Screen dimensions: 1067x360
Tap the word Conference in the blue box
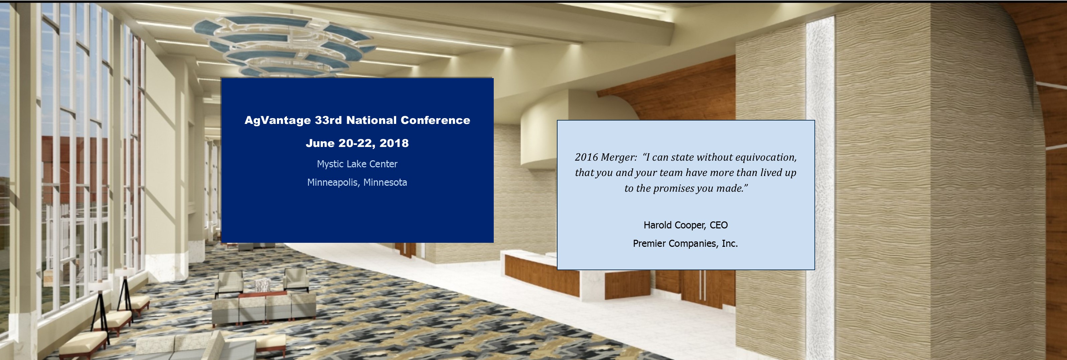click(x=435, y=120)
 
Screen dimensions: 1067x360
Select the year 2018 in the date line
click(x=394, y=143)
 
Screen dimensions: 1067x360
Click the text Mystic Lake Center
click(x=357, y=164)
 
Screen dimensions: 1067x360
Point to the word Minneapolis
click(x=333, y=183)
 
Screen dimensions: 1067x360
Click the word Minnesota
click(x=385, y=182)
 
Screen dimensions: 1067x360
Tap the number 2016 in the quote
click(x=586, y=157)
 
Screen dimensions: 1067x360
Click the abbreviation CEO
click(x=719, y=225)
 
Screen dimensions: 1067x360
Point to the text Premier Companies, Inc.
click(x=685, y=243)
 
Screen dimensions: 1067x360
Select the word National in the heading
click(x=371, y=120)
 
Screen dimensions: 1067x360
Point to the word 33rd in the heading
click(x=328, y=120)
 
